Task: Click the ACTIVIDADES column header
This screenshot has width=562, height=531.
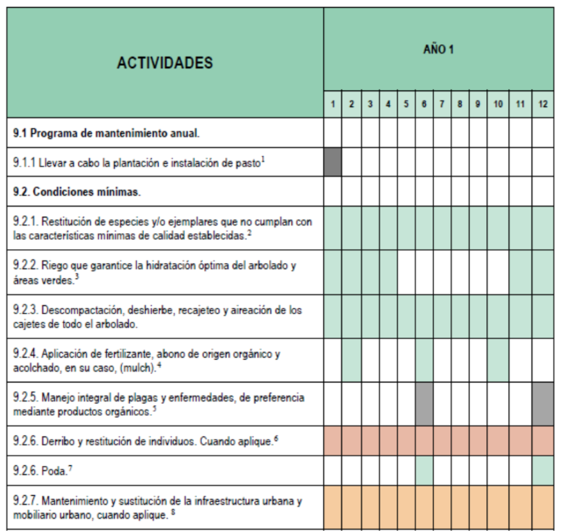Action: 165,62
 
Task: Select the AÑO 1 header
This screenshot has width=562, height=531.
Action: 438,50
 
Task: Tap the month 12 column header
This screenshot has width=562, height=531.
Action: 543,105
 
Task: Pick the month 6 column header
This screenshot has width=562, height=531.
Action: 424,105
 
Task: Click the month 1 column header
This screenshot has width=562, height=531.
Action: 333,105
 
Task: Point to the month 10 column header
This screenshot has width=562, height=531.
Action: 498,105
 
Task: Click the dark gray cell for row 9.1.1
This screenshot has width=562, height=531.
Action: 333,162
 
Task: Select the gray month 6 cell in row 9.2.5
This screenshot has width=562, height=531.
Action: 424,404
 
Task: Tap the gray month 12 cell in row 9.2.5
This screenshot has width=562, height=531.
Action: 543,404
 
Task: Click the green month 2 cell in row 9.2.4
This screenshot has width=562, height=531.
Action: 351,359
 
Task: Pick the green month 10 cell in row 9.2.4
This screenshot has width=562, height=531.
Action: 498,359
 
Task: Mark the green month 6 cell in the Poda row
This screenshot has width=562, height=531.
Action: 424,470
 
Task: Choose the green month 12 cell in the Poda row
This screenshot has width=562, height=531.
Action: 543,470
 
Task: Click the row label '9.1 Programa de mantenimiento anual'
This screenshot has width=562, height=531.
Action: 106,133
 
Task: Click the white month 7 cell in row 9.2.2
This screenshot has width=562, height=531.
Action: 442,271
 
